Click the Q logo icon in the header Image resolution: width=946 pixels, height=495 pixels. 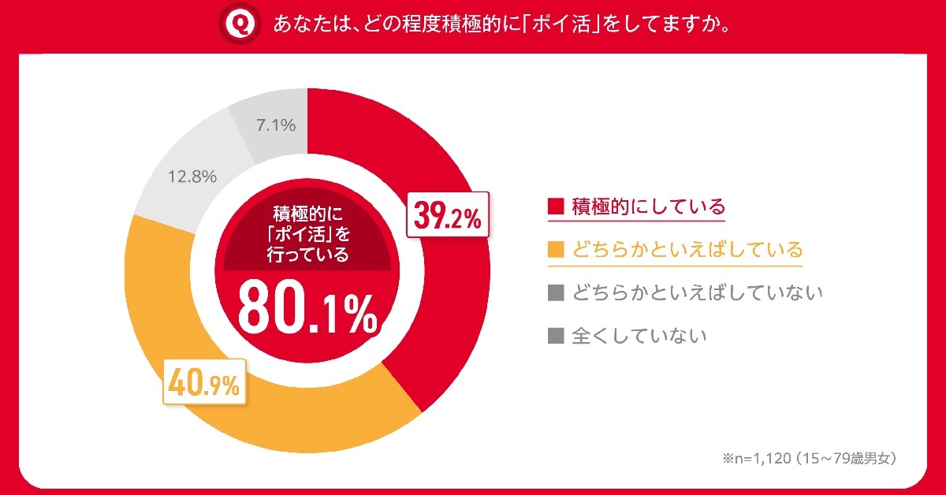(238, 24)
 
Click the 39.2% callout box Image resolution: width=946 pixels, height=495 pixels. (448, 215)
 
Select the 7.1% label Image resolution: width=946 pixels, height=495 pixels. (275, 125)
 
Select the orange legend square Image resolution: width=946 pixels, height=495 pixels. (557, 251)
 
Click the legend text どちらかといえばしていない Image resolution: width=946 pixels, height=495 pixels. (698, 293)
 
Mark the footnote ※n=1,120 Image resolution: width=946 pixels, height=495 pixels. (807, 457)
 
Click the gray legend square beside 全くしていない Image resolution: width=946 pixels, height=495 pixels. (557, 336)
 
